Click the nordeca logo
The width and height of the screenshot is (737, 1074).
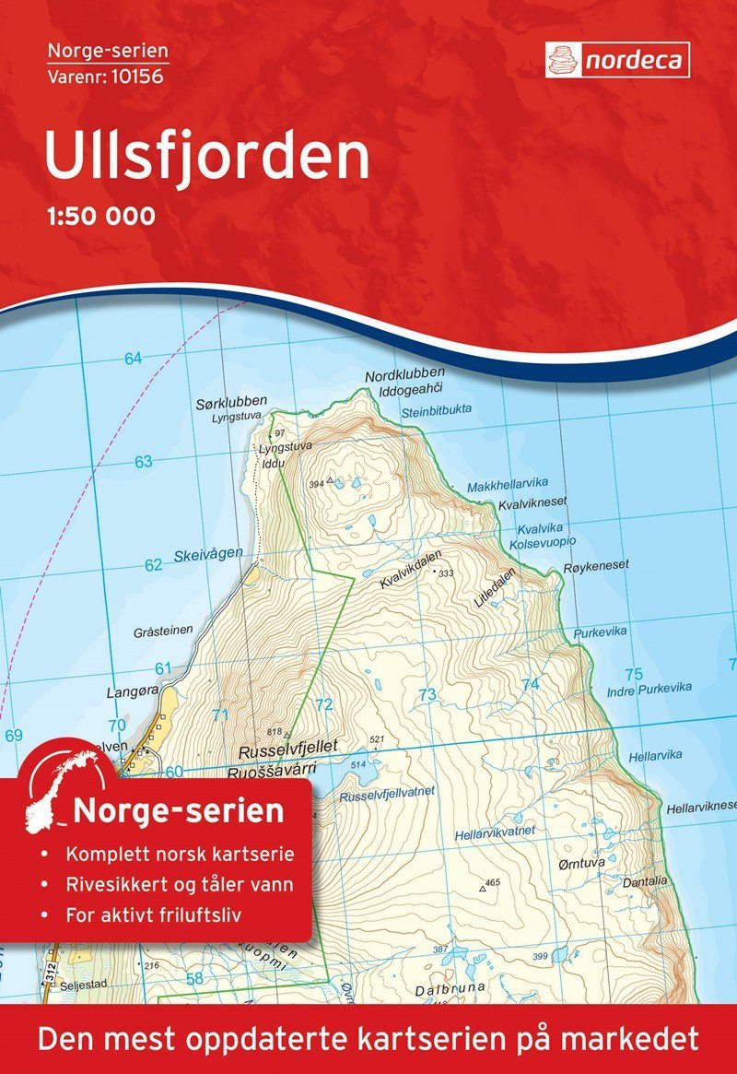coord(617,60)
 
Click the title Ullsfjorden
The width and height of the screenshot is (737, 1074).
coord(206,156)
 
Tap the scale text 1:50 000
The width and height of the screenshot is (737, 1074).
coord(99,217)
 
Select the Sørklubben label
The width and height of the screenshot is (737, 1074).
coord(231,402)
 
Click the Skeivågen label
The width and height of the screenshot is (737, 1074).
coord(208,553)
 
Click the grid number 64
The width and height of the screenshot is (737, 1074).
coord(134,359)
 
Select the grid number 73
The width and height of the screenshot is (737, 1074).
coord(426,694)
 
